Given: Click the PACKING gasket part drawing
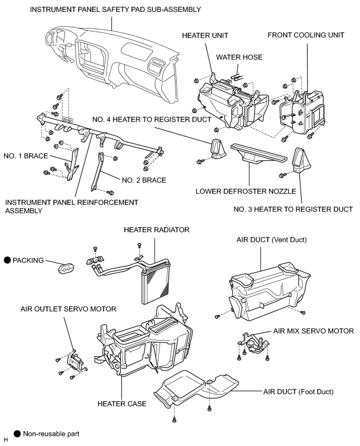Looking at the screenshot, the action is pos(66,268).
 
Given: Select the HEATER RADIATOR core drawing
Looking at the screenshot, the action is pos(155,282).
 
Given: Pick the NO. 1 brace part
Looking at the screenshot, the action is pos(72,165).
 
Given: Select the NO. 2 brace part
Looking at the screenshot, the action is pos(97,172).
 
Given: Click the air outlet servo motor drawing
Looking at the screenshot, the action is pos(76,361).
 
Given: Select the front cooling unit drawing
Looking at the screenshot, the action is pos(302,113).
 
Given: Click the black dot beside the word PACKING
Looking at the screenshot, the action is pos(7,260).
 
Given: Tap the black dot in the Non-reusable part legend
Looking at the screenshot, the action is pos(17,433).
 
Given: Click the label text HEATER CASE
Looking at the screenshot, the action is pos(122,404).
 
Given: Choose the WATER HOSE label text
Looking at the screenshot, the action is pos(239,57).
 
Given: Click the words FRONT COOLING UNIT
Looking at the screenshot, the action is pos(306,35).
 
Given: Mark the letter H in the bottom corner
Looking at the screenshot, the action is pos(6,440).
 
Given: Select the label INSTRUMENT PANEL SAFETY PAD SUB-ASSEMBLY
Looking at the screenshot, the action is pos(115,10).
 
